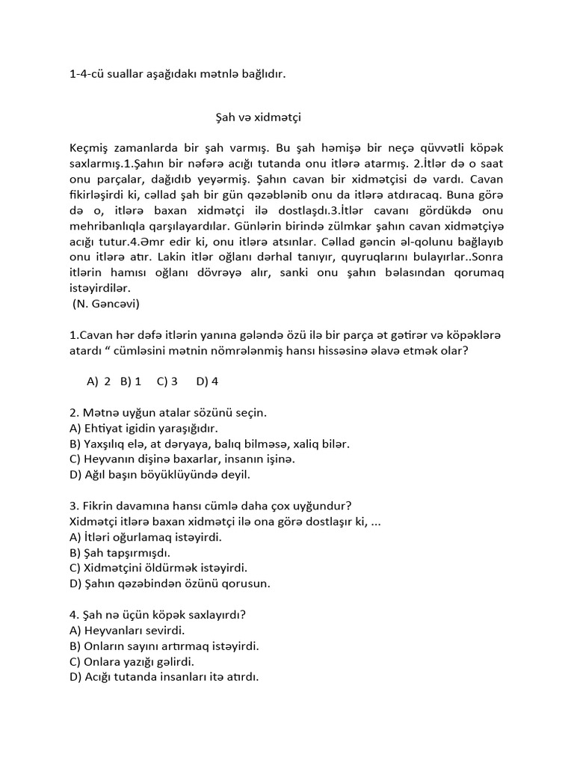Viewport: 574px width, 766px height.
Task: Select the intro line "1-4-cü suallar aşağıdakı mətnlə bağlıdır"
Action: click(x=177, y=74)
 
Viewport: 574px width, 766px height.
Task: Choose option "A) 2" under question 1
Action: click(x=99, y=381)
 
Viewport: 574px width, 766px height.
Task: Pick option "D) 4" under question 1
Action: click(x=207, y=381)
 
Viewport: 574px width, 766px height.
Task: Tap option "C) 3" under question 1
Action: click(x=167, y=381)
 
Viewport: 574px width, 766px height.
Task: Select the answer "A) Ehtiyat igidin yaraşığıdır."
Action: click(x=143, y=428)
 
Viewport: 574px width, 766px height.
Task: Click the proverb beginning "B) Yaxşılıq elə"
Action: click(x=209, y=444)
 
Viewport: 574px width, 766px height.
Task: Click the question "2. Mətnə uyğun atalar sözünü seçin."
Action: click(x=168, y=412)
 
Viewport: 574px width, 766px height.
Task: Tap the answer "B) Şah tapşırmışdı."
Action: click(x=120, y=552)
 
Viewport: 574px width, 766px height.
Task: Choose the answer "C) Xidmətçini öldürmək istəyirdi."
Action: click(x=158, y=568)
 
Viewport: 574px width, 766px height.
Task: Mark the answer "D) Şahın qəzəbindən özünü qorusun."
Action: click(x=170, y=583)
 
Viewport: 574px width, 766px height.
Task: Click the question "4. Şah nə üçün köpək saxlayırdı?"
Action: click(x=158, y=615)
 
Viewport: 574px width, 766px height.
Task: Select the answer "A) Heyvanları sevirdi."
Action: click(x=127, y=630)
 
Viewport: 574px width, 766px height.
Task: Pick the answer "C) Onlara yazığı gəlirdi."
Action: click(x=132, y=661)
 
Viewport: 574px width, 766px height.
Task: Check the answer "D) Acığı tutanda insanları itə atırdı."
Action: click(x=164, y=677)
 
